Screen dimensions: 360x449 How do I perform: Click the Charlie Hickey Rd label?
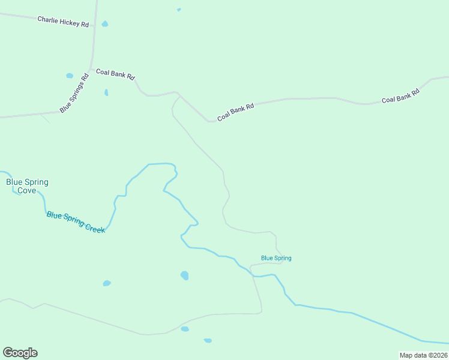(x=63, y=22)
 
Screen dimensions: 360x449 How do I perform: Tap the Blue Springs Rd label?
(x=74, y=92)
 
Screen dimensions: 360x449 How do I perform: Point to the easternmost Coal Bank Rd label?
(x=400, y=95)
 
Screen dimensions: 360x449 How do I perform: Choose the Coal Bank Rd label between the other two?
(x=236, y=112)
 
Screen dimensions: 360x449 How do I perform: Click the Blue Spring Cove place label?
(x=27, y=186)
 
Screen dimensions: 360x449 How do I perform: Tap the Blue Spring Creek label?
(x=76, y=222)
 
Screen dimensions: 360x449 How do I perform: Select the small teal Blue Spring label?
(x=276, y=258)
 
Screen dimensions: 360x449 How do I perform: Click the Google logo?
(x=20, y=353)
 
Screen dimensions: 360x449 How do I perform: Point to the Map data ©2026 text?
(x=424, y=355)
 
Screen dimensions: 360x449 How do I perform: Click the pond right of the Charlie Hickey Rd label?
(x=105, y=24)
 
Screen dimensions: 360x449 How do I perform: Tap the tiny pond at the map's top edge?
(x=179, y=10)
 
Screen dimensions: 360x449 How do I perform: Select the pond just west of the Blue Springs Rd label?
(x=69, y=76)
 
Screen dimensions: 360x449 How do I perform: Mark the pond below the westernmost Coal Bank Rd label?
(x=106, y=92)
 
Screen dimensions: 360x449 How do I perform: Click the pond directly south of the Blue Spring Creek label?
(x=107, y=283)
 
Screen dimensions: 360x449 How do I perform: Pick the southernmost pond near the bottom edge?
(x=208, y=340)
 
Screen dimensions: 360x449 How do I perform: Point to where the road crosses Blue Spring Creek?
(x=253, y=275)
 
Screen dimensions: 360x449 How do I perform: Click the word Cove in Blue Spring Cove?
(x=27, y=191)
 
